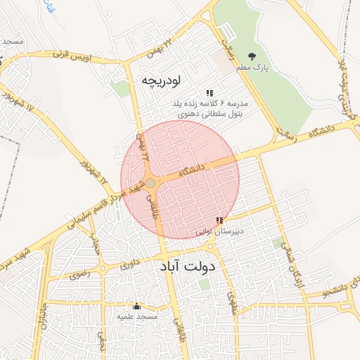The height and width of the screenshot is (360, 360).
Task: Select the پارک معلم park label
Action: tap(252, 68)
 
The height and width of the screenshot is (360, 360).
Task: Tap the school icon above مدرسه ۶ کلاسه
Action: tap(210, 93)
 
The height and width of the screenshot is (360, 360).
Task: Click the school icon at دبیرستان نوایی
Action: tap(220, 220)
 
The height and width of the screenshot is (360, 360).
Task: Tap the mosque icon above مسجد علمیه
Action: tap(136, 307)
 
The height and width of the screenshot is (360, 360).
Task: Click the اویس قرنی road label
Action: tap(89, 56)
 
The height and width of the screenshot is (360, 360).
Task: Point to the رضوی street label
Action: tap(79, 274)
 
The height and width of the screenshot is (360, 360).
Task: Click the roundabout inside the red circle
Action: tap(150, 184)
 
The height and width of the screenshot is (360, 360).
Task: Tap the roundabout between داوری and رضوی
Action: tap(103, 267)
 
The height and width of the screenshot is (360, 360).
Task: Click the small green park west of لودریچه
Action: tap(121, 89)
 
